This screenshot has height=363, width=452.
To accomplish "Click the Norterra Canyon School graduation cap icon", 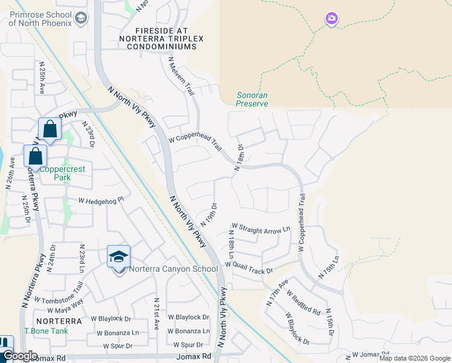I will (119, 257).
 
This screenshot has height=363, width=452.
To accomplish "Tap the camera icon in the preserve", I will (331, 19).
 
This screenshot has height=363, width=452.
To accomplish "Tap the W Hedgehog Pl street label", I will (100, 200).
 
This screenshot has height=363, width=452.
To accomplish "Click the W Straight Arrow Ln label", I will (260, 229).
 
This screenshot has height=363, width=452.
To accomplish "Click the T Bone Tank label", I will (46, 331).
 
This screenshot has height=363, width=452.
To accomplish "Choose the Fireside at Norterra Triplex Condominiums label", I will (161, 38).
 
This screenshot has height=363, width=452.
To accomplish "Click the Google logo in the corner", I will (19, 356).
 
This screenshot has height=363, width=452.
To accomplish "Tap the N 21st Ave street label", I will (157, 313).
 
